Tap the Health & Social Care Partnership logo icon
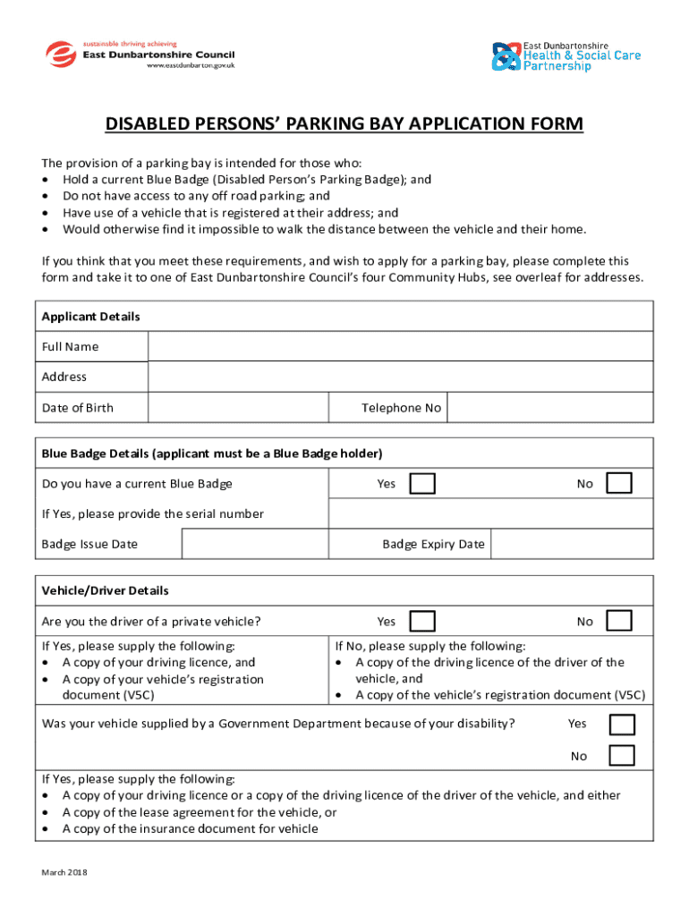[x=506, y=56]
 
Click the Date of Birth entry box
[x=238, y=408]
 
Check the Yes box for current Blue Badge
[x=422, y=484]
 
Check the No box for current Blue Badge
[x=619, y=484]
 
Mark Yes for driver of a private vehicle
[x=422, y=621]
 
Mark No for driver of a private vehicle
[x=619, y=621]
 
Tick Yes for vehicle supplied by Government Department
[x=622, y=724]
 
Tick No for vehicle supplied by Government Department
[x=622, y=755]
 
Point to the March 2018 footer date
[x=64, y=873]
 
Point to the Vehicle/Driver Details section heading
[x=106, y=590]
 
